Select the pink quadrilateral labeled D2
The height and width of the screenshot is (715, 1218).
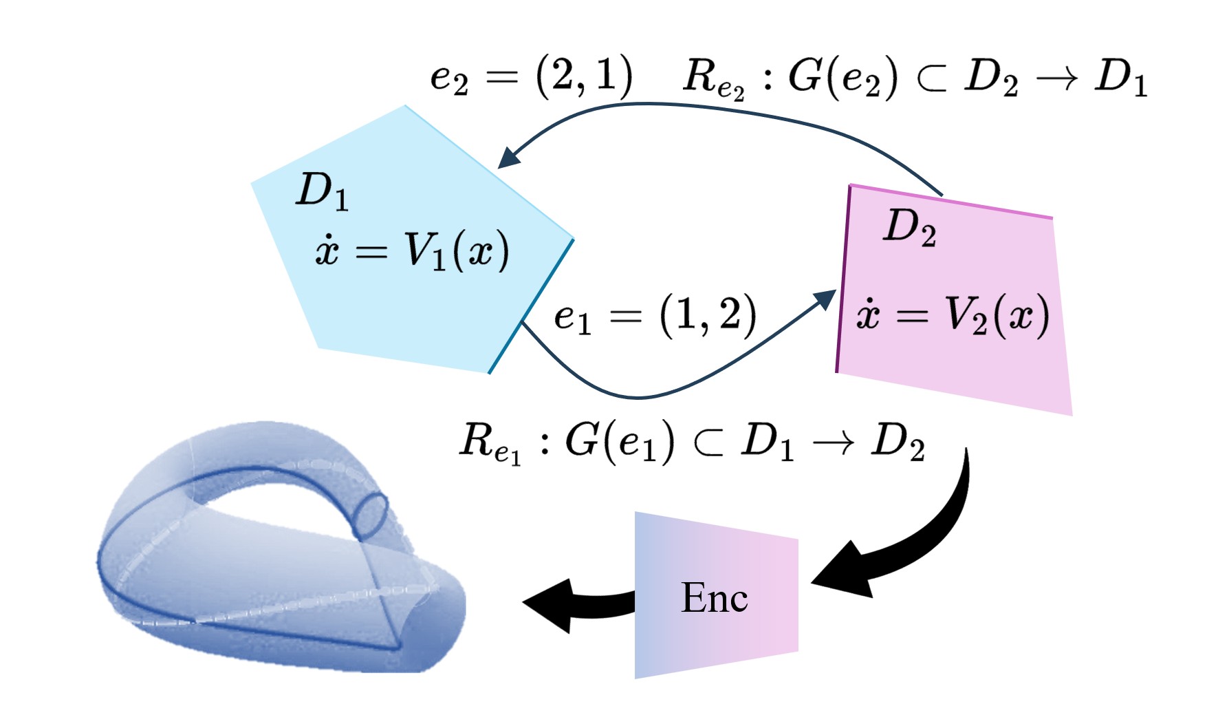(x=956, y=365)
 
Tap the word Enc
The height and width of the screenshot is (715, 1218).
(x=714, y=597)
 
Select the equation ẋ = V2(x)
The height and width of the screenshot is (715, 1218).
(x=953, y=316)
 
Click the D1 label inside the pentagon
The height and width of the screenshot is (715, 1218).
(x=322, y=191)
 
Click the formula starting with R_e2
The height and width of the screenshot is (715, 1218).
(x=915, y=78)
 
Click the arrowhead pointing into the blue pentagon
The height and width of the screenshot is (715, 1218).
(x=509, y=158)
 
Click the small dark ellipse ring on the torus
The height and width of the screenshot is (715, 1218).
(x=370, y=515)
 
